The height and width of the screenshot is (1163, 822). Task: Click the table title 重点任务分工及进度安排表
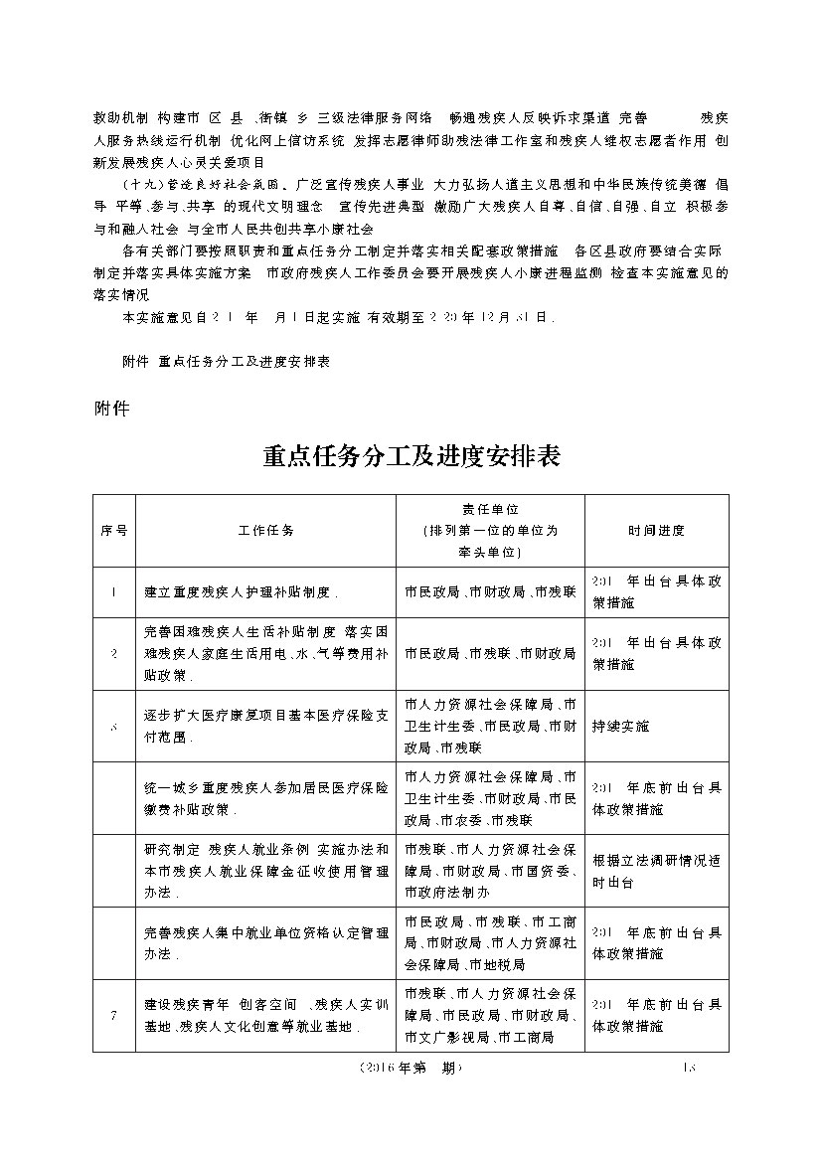(411, 456)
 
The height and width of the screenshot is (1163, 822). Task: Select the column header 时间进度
(656, 531)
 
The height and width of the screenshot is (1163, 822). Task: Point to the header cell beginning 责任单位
(491, 531)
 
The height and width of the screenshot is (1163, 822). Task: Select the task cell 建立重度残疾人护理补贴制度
(243, 592)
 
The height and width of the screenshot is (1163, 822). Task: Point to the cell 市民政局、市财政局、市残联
(491, 592)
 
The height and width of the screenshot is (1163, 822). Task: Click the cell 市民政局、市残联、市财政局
(491, 654)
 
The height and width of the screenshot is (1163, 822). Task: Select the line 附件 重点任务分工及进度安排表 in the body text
(225, 363)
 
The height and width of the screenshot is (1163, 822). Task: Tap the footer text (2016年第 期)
(411, 1069)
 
